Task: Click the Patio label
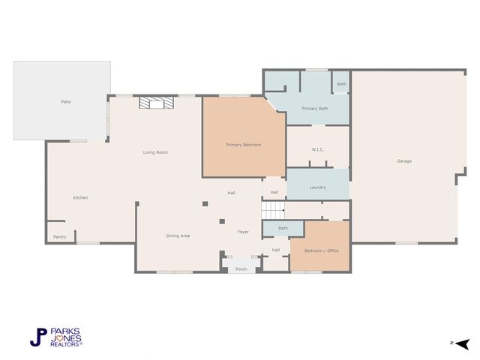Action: click(66, 101)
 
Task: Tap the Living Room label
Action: click(155, 152)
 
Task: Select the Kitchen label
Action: click(80, 197)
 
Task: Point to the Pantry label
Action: click(59, 237)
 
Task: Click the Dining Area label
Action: click(178, 235)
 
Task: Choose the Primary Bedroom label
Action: click(243, 144)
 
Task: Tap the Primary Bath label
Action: click(315, 109)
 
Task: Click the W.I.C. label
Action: click(318, 150)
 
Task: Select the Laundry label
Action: click(317, 187)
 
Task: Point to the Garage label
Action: click(404, 161)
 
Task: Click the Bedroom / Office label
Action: click(321, 250)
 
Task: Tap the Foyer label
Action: click(243, 232)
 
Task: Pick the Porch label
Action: click(241, 268)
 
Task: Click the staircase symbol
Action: click(274, 211)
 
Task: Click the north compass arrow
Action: click(462, 343)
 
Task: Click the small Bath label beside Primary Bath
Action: click(341, 84)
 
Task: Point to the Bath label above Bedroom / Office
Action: click(283, 228)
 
